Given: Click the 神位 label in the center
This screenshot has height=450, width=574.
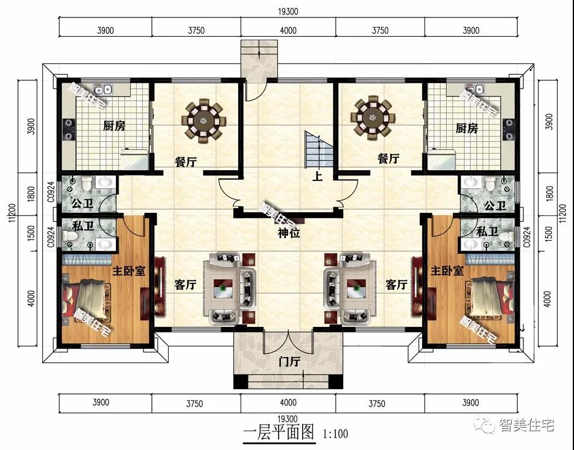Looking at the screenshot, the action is [289, 233].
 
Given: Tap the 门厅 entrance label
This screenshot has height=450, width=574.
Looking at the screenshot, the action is [289, 362].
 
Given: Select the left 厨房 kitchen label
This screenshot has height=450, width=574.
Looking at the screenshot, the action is [114, 126].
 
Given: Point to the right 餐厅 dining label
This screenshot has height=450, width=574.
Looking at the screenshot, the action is [388, 159].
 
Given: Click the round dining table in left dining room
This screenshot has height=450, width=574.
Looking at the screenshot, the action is [204, 119].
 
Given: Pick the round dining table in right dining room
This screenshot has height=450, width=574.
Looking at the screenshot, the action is [373, 118].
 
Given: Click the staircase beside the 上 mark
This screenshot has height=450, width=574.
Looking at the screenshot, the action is [319, 149].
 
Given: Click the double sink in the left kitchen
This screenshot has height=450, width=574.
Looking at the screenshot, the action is [102, 89].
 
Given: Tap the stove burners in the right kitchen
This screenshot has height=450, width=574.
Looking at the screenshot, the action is [509, 129].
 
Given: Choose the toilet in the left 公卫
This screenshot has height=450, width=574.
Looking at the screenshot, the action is [86, 183].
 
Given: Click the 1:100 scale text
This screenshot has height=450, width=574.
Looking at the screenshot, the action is [335, 434].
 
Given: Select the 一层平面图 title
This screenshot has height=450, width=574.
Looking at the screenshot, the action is [279, 433].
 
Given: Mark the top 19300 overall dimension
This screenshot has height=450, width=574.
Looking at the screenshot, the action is [288, 11].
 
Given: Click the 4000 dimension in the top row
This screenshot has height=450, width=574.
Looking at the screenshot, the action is [288, 30].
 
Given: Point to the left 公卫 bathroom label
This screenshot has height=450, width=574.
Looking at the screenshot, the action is [83, 203].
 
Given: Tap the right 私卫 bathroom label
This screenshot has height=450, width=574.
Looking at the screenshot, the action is [487, 232].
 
